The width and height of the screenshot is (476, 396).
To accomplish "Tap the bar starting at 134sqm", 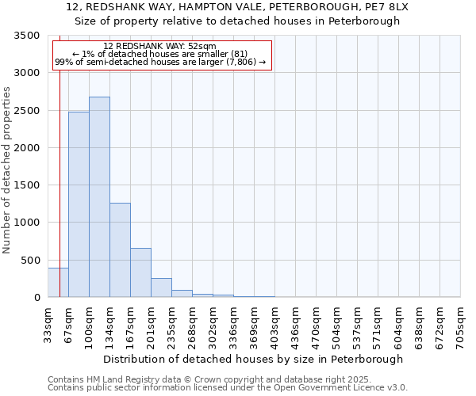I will click(120, 249).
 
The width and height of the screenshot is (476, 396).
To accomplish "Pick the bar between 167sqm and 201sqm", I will click(140, 272).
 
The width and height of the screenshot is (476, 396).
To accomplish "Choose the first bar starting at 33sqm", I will click(58, 283).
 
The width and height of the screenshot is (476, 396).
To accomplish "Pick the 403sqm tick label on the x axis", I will click(274, 324).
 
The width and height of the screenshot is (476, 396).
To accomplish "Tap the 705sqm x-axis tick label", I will click(460, 324).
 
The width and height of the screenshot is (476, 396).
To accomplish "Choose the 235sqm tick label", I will click(171, 324).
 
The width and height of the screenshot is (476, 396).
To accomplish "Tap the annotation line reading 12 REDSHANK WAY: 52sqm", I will click(159, 47).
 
